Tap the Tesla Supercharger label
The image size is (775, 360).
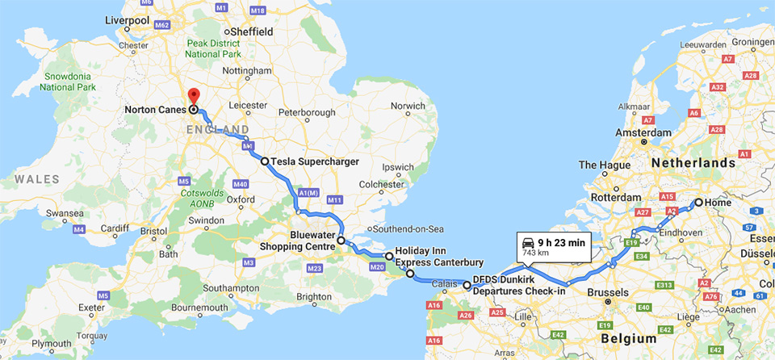(x=314, y=161)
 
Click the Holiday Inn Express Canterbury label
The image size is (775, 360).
(x=439, y=257)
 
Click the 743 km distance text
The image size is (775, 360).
(x=536, y=253)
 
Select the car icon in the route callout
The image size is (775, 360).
(x=527, y=241)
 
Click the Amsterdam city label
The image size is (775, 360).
(x=643, y=132)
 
